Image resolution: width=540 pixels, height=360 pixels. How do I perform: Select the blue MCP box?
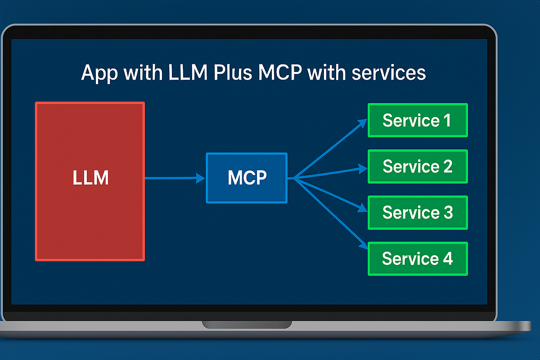tap(247, 178)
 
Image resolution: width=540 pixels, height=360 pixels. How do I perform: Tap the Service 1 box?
tap(418, 120)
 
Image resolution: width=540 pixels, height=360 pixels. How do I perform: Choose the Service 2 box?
tap(418, 166)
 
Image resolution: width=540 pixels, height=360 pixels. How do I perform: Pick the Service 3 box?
tap(418, 212)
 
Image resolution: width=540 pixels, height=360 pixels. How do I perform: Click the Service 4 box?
tap(418, 259)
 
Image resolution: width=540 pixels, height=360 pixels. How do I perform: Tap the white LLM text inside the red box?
tap(90, 178)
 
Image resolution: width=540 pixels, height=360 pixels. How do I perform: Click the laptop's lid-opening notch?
tap(247, 324)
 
